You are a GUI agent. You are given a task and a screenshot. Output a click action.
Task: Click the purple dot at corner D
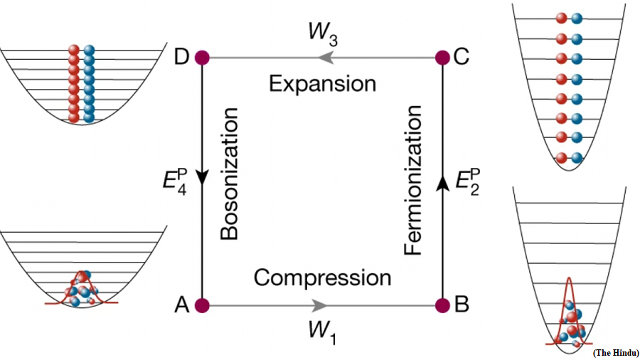[202, 58]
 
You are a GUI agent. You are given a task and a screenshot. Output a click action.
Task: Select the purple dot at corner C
[442, 58]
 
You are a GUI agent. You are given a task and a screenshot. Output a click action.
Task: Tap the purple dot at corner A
[202, 305]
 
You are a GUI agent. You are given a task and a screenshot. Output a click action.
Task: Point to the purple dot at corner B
[442, 305]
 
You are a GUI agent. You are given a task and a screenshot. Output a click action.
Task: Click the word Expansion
[322, 84]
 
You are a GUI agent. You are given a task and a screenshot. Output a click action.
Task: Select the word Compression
[322, 277]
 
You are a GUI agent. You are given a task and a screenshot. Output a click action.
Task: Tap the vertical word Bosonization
[229, 174]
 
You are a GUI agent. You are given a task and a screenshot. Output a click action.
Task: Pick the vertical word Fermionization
[412, 180]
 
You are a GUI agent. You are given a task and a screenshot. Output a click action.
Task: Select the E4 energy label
[175, 181]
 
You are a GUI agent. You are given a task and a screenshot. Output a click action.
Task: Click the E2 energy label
[468, 181]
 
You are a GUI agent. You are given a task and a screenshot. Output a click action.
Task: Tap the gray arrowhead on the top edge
[326, 58]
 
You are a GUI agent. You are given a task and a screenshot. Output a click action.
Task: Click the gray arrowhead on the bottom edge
[319, 305]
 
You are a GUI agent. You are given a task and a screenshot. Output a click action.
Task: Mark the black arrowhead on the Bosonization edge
[202, 176]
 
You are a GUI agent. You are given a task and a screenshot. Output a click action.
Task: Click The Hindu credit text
[616, 353]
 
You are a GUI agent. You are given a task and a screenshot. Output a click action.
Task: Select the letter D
[181, 57]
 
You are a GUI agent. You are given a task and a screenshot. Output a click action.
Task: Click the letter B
[462, 305]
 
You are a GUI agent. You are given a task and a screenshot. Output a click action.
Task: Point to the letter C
[462, 57]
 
